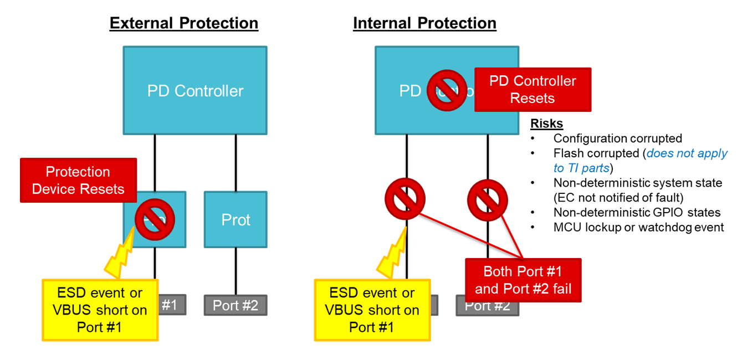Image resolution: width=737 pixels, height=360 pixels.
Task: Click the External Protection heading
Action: pyautogui.click(x=183, y=23)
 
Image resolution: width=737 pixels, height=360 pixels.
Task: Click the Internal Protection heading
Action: pyautogui.click(x=424, y=23)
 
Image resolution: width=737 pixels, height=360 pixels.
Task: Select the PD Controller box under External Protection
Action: pyautogui.click(x=195, y=91)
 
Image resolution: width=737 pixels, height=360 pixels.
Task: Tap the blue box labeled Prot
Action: pyautogui.click(x=236, y=220)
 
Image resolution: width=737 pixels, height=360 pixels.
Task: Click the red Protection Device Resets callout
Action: pyautogui.click(x=78, y=180)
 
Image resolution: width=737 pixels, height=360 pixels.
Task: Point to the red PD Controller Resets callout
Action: pyautogui.click(x=533, y=90)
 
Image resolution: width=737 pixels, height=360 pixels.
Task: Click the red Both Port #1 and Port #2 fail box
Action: pyautogui.click(x=523, y=280)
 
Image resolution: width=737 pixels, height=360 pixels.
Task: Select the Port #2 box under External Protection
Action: pyautogui.click(x=236, y=305)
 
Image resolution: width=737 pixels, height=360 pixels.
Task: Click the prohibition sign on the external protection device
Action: pyautogui.click(x=155, y=219)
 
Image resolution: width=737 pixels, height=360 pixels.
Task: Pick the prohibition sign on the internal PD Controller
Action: pyautogui.click(x=447, y=90)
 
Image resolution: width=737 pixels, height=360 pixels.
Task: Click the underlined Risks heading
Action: pyautogui.click(x=546, y=124)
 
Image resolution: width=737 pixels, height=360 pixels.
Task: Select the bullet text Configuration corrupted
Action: pyautogui.click(x=617, y=138)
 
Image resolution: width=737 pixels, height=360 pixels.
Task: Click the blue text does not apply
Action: pyautogui.click(x=687, y=153)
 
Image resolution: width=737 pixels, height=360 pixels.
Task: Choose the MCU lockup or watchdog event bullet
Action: pyautogui.click(x=638, y=228)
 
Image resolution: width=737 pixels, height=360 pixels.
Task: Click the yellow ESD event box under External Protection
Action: pyautogui.click(x=100, y=310)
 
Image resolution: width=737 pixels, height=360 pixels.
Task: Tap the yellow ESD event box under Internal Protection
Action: pyautogui.click(x=372, y=310)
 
